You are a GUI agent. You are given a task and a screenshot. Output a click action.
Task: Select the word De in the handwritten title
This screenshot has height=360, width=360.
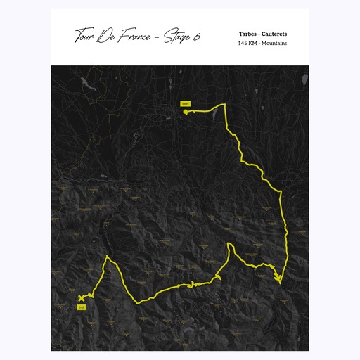click(x=112, y=35)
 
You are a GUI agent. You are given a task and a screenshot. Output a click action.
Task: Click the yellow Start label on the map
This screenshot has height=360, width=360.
click(x=186, y=103)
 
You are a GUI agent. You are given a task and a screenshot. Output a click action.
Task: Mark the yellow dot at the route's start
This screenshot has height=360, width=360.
click(x=186, y=110)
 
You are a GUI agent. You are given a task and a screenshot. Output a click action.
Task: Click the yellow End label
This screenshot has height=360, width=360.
click(x=81, y=307)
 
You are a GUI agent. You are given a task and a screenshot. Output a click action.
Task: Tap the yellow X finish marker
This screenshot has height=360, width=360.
click(x=82, y=298)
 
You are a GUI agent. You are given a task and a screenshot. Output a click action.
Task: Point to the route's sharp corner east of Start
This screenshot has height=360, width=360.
click(x=224, y=105)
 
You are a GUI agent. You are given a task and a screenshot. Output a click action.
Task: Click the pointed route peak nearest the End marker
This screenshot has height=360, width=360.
click(x=107, y=257)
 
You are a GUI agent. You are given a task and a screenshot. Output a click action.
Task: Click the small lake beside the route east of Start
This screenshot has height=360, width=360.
click(x=212, y=110)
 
